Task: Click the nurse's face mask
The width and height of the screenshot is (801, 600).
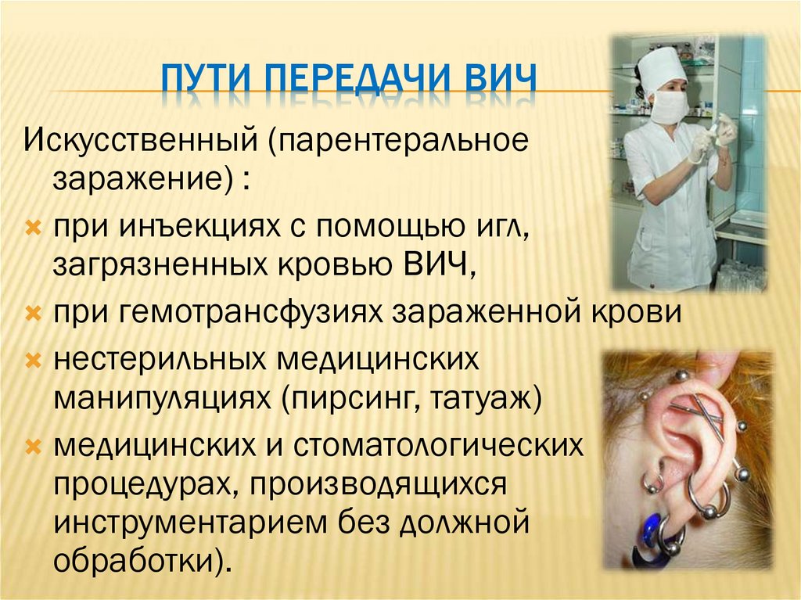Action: point(668,107)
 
